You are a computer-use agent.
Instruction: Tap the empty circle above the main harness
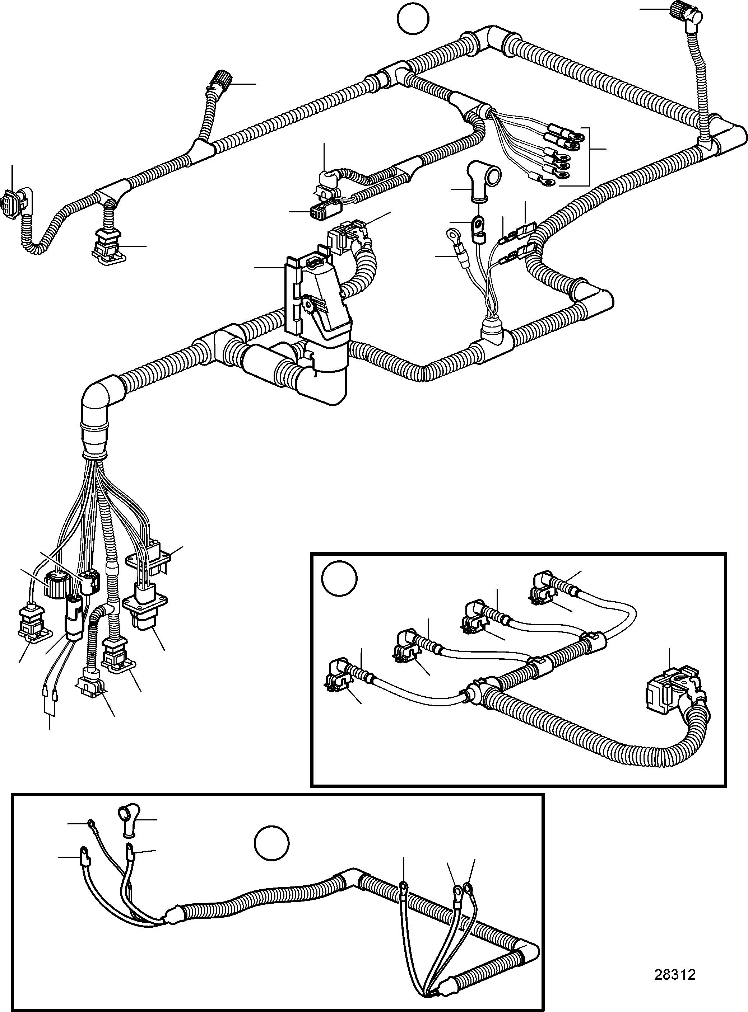(x=413, y=18)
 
